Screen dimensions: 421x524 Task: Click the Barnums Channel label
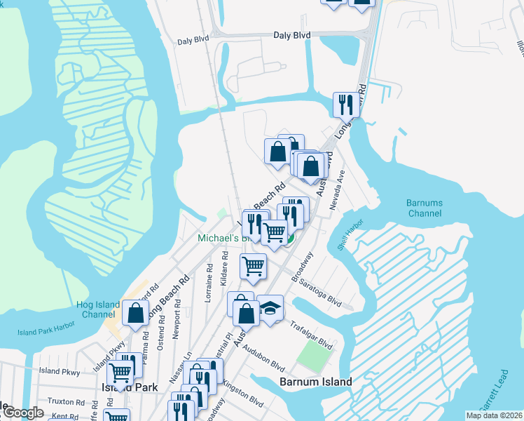click(x=425, y=208)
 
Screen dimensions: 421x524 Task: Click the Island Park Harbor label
click(x=46, y=332)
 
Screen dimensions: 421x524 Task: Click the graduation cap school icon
click(x=270, y=308)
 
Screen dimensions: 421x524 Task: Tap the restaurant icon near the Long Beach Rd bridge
click(x=345, y=105)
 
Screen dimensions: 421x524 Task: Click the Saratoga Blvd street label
click(x=319, y=293)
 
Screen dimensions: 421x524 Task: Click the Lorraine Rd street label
click(x=209, y=282)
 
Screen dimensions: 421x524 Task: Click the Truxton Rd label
click(x=66, y=401)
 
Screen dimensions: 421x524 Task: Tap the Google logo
click(x=22, y=413)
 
